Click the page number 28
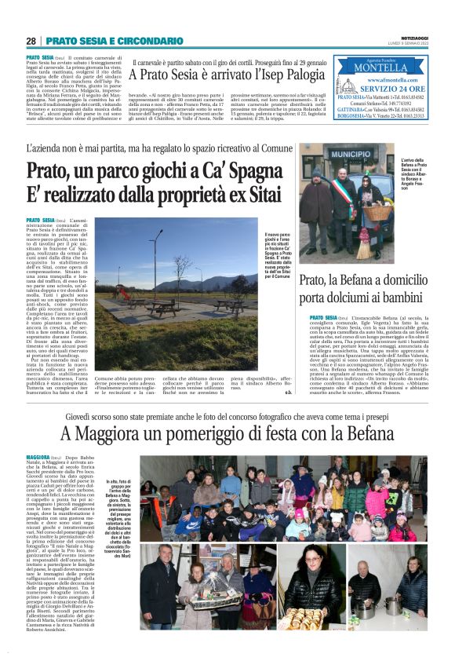(31, 40)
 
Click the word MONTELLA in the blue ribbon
(380, 68)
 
